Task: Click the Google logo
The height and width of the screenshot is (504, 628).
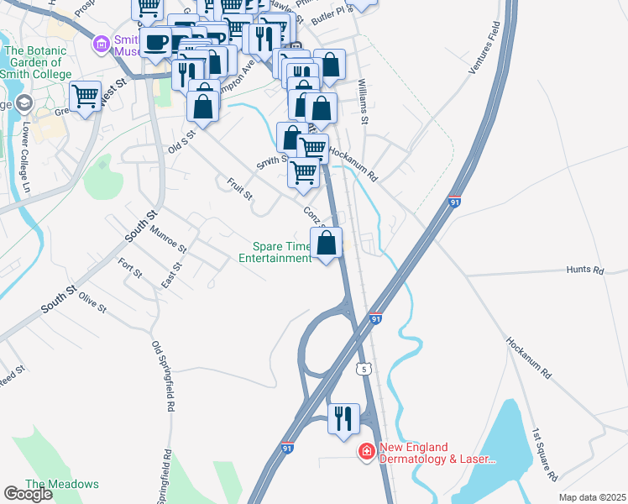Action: (28, 494)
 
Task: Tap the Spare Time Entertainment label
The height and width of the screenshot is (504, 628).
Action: (281, 253)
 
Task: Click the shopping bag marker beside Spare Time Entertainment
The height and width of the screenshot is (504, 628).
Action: (327, 244)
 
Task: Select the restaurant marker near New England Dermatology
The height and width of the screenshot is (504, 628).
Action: (343, 418)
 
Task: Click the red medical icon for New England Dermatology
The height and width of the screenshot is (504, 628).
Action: (366, 453)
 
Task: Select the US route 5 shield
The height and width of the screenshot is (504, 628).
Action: (364, 368)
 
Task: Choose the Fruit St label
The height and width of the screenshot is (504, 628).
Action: (239, 189)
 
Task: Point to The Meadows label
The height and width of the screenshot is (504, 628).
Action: (61, 484)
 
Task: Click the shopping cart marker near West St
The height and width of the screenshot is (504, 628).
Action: (86, 97)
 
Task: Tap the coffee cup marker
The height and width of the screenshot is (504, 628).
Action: (156, 42)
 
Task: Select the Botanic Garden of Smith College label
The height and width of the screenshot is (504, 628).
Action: (34, 62)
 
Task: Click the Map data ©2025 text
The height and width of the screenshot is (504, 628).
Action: (591, 497)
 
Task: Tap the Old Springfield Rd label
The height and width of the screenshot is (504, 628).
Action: (163, 375)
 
